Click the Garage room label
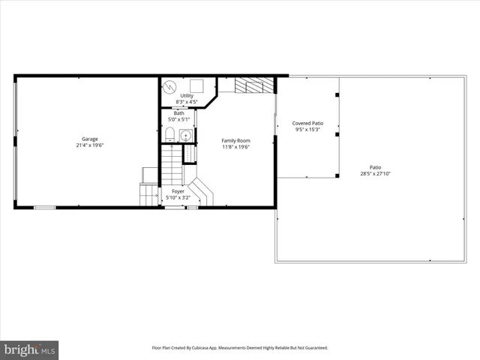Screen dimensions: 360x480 89,139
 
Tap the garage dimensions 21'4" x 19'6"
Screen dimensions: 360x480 89,146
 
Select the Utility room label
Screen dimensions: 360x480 186,95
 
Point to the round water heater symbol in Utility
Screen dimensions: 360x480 170,85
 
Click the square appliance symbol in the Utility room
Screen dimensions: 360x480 199,85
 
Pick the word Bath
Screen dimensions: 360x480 178,113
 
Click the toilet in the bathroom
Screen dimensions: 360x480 170,135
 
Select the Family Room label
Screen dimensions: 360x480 235,140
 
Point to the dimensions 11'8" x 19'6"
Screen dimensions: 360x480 235,147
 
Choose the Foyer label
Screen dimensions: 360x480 178,191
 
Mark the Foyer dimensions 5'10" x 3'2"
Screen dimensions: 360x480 178,198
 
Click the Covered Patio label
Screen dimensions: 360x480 307,123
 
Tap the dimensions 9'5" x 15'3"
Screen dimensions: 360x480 307,130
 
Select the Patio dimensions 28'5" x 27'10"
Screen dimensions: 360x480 375,174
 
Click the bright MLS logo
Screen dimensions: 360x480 30,349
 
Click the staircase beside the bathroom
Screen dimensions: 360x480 172,165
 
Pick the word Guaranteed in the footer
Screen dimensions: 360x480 313,348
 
